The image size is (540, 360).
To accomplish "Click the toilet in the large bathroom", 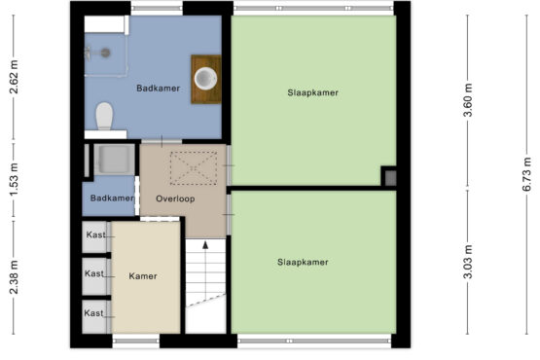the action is tap(104, 116).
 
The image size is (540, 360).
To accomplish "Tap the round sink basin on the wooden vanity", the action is tap(205, 79).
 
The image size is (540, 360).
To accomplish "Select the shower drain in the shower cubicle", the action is tap(105, 53).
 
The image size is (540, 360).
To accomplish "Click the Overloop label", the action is tap(175, 198).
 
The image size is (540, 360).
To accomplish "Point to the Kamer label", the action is tap(143, 276).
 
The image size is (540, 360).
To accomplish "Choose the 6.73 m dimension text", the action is tap(526, 174).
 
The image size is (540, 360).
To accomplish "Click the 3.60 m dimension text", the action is tap(467, 100).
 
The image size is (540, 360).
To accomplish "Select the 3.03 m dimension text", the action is tap(467, 262).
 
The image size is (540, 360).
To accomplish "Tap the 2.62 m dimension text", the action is tap(14, 77).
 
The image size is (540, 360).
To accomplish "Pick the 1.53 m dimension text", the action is tap(14, 180).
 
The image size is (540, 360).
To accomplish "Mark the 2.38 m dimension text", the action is tap(14, 277).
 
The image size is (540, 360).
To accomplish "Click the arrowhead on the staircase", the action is tap(205, 245).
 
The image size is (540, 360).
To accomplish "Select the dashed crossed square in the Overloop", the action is tap(194, 168).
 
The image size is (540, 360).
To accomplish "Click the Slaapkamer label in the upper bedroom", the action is tap(312, 92).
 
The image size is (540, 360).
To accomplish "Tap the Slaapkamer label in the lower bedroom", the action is tap(303, 262).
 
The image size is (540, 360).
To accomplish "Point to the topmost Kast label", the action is tap(95, 234).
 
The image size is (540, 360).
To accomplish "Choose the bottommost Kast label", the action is tap(93, 313).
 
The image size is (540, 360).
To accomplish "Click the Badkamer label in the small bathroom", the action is tap(112, 198).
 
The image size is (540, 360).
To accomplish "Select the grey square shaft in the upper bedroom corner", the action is tap(390, 178).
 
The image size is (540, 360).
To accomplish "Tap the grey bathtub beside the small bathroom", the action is tap(115, 160).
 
